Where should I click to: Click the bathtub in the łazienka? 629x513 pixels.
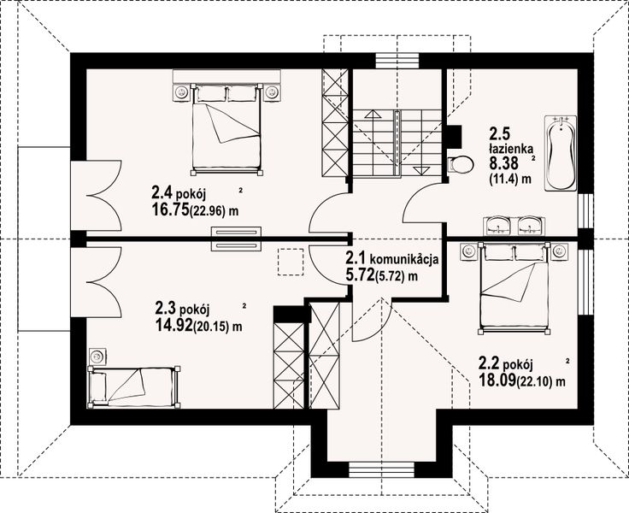561,153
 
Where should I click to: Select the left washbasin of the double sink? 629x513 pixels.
498,227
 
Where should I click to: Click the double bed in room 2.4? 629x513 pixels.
226,128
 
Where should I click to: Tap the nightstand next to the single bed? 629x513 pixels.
97,356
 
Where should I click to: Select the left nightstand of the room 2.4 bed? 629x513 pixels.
181,91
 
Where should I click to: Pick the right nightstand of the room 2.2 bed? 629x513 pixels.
559,251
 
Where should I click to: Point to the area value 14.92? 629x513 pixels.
174,325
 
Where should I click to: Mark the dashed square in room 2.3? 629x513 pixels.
291,261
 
